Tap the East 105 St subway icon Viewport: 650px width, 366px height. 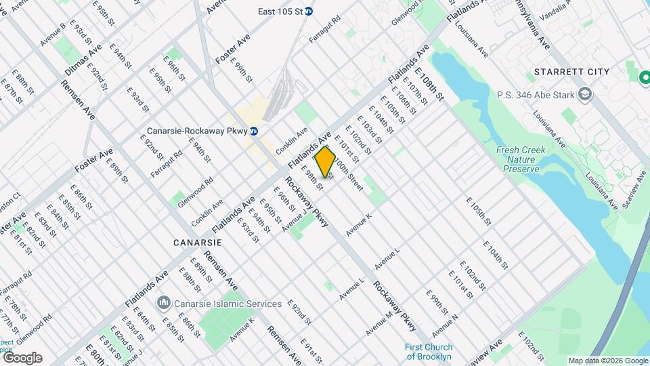coord(309,11)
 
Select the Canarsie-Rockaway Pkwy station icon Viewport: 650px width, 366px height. coord(253,131)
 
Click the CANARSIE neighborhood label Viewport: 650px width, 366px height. coord(198,242)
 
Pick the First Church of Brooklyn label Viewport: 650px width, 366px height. coord(429,352)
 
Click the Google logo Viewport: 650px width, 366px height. coord(22,358)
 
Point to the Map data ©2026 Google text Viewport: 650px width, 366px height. coord(607,361)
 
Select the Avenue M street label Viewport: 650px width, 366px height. coord(379,323)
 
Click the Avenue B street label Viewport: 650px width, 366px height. coord(52,35)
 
